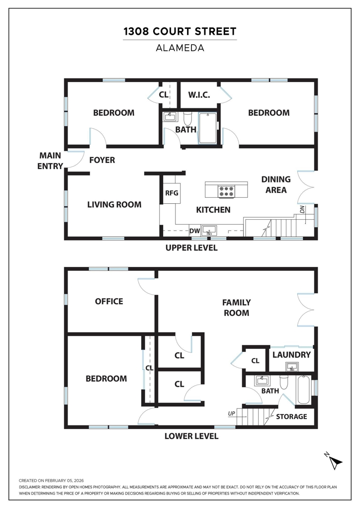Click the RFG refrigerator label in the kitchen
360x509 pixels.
click(172, 193)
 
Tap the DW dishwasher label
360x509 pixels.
click(194, 231)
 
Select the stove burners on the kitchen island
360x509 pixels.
click(226, 191)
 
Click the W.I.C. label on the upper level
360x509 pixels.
click(199, 95)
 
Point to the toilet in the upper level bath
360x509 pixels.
click(188, 119)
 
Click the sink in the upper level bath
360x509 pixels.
click(170, 116)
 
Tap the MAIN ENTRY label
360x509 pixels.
click(50, 161)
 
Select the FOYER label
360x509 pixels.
click(102, 160)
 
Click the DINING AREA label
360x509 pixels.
click(276, 184)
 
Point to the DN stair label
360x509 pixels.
click(302, 209)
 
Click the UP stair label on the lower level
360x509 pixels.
click(231, 414)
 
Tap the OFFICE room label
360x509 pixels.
click(109, 301)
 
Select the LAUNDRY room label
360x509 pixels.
click(291, 354)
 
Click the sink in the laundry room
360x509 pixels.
click(292, 367)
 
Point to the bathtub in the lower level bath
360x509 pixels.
click(303, 390)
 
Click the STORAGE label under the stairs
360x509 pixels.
click(291, 417)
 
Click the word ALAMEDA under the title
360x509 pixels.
click(180, 48)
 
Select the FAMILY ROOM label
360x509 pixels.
click(236, 307)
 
